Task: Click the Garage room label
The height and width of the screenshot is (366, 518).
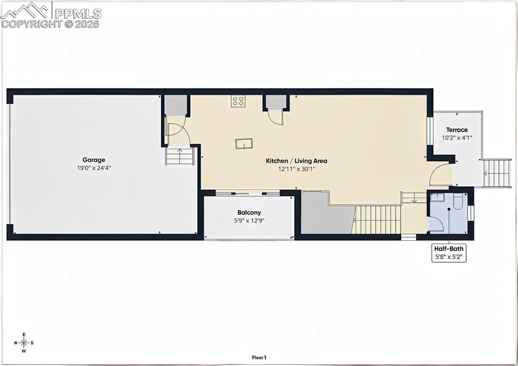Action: (x=94, y=160)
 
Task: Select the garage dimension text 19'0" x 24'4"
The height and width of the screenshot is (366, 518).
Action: (x=94, y=167)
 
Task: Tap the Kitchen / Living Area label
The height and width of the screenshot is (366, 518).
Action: (x=297, y=161)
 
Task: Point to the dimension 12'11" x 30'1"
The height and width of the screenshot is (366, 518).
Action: (x=297, y=169)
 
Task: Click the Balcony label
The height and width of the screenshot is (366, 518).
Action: (x=249, y=212)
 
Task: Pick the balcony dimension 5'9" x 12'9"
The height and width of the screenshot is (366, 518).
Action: (x=249, y=220)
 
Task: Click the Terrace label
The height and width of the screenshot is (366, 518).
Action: (x=457, y=130)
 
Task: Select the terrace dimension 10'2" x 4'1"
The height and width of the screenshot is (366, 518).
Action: (x=457, y=138)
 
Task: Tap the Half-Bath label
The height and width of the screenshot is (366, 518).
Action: (x=448, y=249)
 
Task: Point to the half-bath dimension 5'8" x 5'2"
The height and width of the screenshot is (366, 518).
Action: (x=448, y=257)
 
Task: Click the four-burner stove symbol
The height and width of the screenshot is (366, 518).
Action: (x=238, y=101)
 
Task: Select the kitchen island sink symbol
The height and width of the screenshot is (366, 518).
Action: (x=244, y=144)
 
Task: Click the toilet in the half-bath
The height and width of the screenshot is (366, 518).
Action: (x=458, y=202)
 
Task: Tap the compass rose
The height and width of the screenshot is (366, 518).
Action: (x=24, y=343)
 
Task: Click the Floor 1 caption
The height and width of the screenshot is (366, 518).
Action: (x=259, y=357)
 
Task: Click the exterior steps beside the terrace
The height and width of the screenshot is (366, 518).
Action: (x=497, y=173)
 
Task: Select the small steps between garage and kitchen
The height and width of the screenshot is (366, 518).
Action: (x=180, y=156)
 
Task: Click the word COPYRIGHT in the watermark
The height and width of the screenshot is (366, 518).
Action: (x=31, y=24)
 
